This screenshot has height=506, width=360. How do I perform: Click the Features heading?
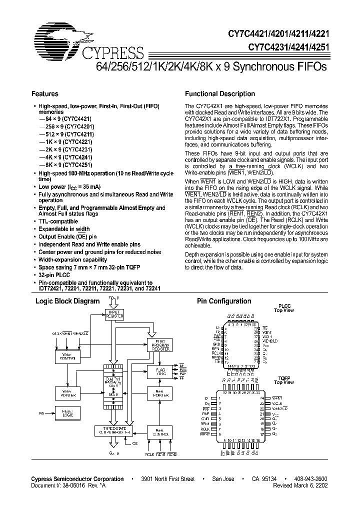tap(45, 93)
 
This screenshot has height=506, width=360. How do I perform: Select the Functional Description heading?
tap(220, 93)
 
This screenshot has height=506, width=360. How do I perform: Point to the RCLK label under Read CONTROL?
tap(149, 454)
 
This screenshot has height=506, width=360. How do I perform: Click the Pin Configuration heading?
tap(224, 301)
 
